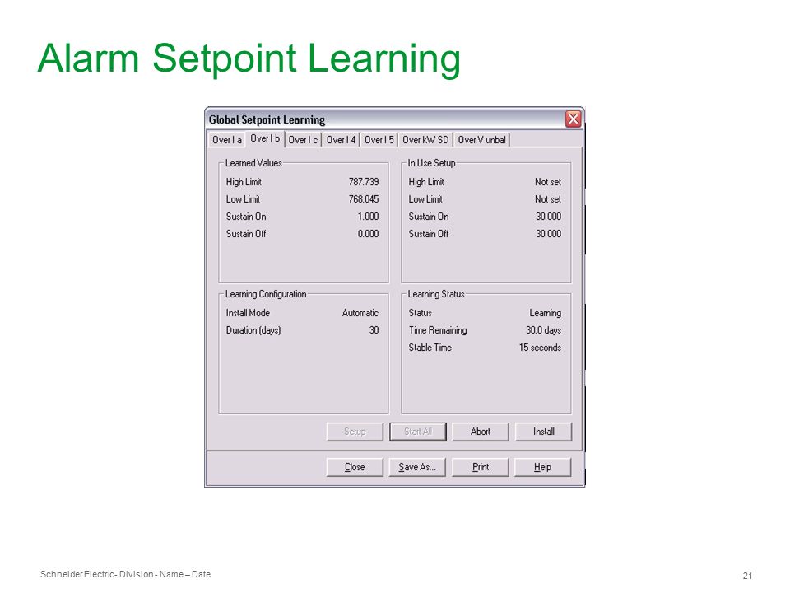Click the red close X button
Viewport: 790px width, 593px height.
point(573,119)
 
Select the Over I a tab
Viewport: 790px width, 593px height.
point(227,140)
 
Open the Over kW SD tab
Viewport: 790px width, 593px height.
point(425,140)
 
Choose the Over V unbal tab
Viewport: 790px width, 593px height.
point(481,140)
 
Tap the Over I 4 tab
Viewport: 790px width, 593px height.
point(341,140)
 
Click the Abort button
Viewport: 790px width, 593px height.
point(480,432)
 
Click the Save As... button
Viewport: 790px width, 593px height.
point(417,467)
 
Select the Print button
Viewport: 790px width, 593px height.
point(480,467)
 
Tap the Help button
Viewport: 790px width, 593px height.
point(542,467)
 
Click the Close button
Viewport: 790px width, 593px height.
point(355,467)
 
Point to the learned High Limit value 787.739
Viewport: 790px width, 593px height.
point(363,182)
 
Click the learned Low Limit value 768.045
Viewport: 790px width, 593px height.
point(363,199)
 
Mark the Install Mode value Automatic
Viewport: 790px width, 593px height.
point(360,313)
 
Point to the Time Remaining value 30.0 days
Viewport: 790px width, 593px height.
point(543,330)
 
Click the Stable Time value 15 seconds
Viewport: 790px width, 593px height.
point(540,348)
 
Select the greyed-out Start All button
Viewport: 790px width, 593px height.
point(418,432)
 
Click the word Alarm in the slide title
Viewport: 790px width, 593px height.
point(88,58)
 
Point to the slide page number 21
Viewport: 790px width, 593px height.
point(748,576)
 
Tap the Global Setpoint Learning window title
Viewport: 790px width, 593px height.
point(267,120)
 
